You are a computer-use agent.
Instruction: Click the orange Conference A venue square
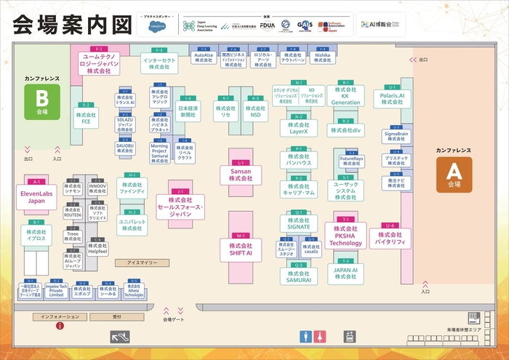pyautogui.click(x=454, y=175)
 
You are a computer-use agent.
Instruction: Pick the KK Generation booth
pyautogui.click(x=345, y=98)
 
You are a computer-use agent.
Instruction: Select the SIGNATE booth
pyautogui.click(x=298, y=223)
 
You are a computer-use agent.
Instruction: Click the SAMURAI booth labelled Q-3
pyautogui.click(x=298, y=276)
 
